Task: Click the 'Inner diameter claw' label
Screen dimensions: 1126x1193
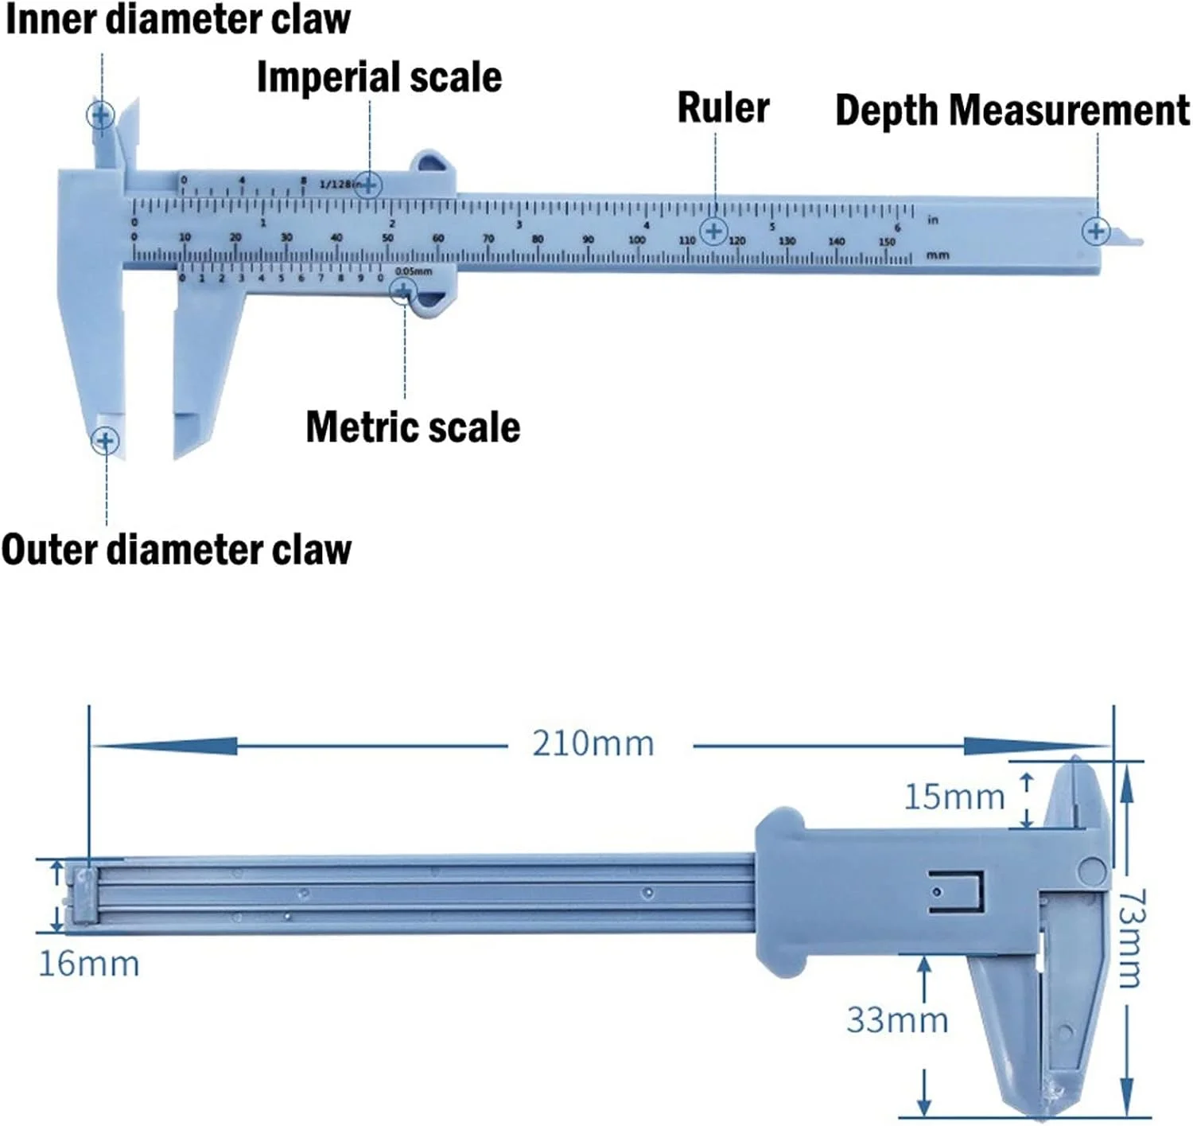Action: pyautogui.click(x=177, y=20)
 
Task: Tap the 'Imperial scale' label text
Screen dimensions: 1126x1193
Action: pyautogui.click(x=379, y=78)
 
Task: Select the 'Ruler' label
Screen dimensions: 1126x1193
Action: pyautogui.click(x=723, y=108)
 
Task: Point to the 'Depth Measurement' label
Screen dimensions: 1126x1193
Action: pyautogui.click(x=1012, y=111)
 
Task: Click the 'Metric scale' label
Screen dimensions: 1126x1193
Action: pyautogui.click(x=413, y=427)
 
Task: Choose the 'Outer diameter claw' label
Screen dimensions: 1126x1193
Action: pyautogui.click(x=177, y=550)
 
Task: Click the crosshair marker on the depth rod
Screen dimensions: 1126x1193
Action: pyautogui.click(x=1096, y=232)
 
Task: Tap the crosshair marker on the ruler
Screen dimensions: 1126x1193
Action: pyautogui.click(x=714, y=232)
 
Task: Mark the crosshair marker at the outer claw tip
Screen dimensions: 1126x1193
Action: pyautogui.click(x=105, y=440)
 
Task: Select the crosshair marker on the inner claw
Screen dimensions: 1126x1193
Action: pyautogui.click(x=100, y=115)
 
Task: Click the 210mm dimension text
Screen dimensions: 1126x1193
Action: pyautogui.click(x=593, y=744)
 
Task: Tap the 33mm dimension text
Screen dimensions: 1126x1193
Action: pyautogui.click(x=897, y=1020)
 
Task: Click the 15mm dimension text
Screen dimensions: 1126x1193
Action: pyautogui.click(x=954, y=797)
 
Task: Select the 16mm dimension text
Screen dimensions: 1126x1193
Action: pyautogui.click(x=89, y=964)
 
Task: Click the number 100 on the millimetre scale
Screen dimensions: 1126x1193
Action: pyautogui.click(x=637, y=240)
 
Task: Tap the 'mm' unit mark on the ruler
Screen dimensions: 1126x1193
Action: pyautogui.click(x=938, y=255)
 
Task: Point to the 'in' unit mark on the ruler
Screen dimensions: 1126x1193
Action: pyautogui.click(x=933, y=220)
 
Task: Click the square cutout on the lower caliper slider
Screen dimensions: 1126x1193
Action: pyautogui.click(x=957, y=891)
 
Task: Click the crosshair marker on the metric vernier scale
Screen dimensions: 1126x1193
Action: pyautogui.click(x=404, y=290)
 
